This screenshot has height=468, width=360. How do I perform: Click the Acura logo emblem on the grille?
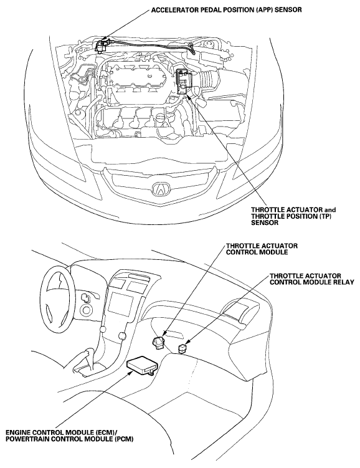point(161,189)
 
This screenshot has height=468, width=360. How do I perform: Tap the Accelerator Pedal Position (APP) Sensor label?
point(226,10)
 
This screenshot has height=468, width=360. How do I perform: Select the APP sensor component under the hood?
point(102,45)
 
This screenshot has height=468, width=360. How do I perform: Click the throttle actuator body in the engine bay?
point(182,82)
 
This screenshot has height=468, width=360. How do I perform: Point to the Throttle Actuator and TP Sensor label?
point(293,216)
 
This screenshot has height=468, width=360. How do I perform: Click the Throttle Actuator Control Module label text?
point(262,249)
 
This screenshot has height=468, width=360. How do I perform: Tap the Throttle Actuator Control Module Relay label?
point(311,279)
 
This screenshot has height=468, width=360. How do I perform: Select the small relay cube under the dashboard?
point(182,348)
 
